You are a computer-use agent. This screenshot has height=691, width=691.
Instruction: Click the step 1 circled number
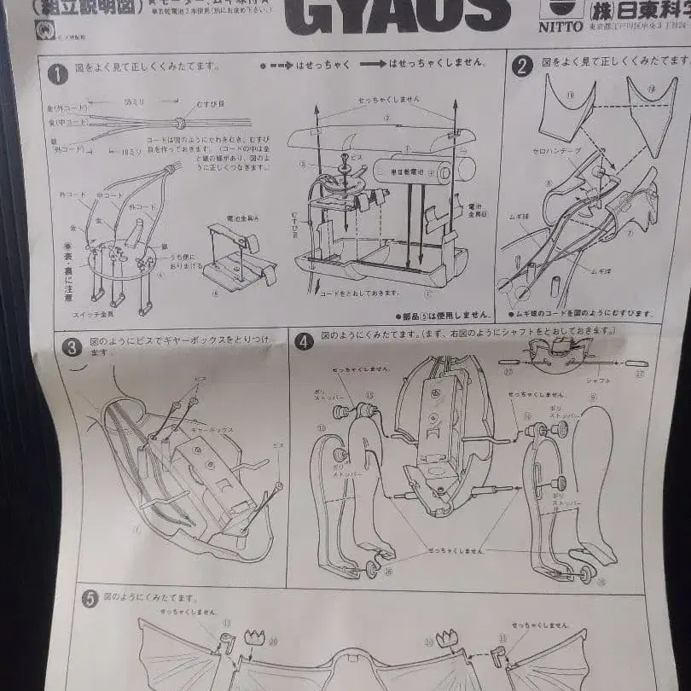click(57, 74)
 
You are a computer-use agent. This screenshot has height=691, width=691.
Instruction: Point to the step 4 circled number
click(304, 342)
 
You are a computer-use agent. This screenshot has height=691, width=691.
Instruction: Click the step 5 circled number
click(89, 599)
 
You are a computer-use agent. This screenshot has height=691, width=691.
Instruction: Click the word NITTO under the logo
click(561, 26)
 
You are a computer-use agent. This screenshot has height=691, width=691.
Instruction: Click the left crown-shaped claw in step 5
click(254, 637)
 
